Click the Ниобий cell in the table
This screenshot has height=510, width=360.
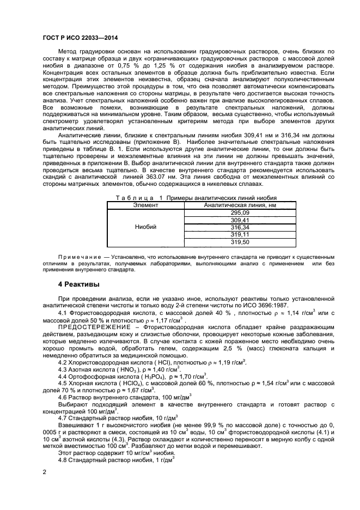pyautogui.click(x=145, y=227)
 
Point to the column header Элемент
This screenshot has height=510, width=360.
pyautogui.click(x=145, y=205)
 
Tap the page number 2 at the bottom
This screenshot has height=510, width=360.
pyautogui.click(x=44, y=473)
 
